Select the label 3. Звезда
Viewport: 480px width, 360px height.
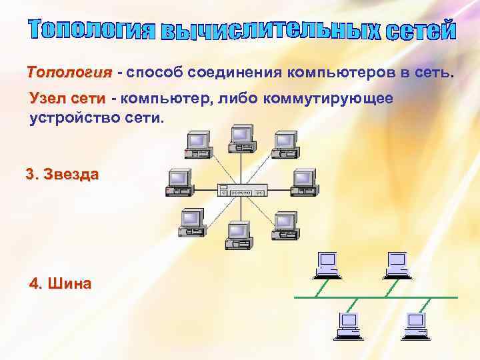click(62, 175)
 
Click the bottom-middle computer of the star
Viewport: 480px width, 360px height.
click(239, 235)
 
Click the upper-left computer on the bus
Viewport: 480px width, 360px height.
click(327, 264)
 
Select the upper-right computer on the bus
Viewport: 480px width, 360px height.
click(395, 264)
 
